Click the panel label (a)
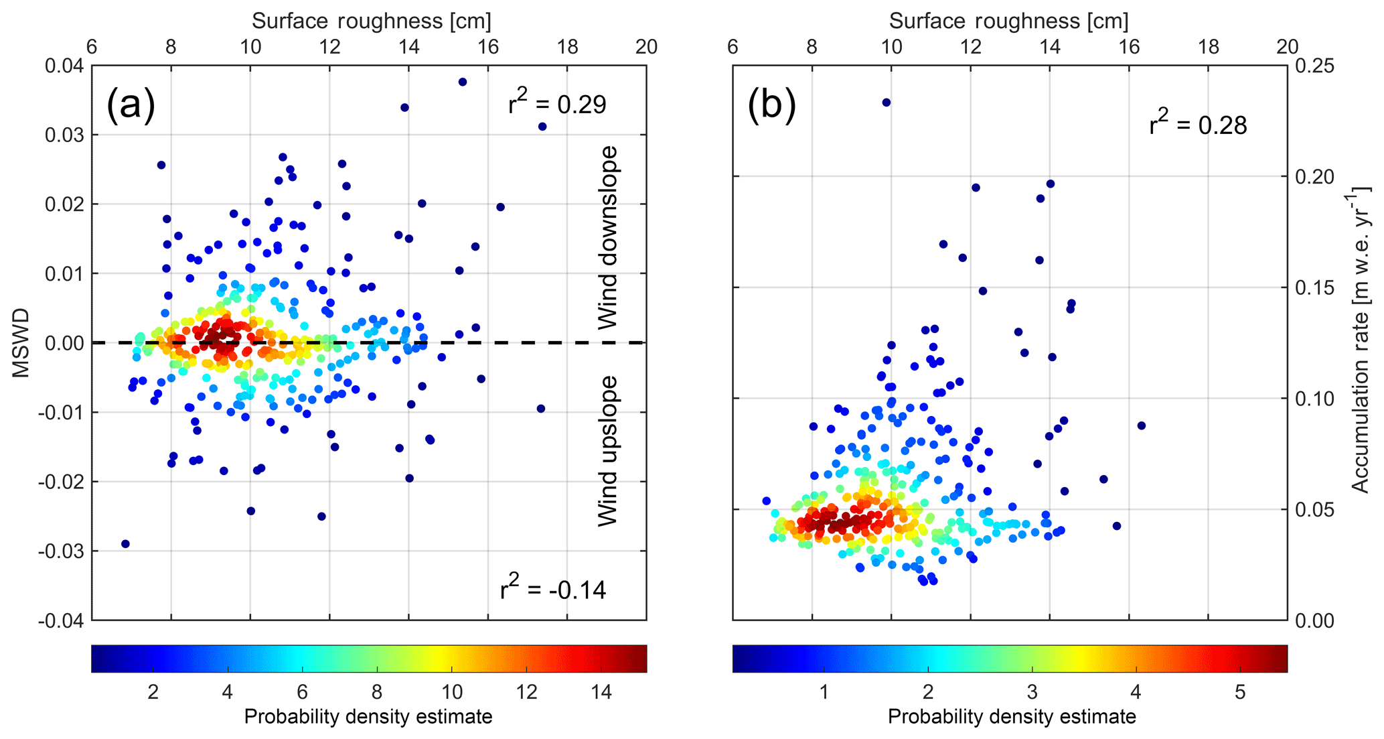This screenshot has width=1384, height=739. point(131,105)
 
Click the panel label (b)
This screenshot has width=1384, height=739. point(771,105)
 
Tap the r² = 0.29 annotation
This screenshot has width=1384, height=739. point(557,104)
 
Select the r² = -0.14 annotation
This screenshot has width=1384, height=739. point(553,589)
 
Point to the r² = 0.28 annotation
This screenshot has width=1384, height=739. point(1198,125)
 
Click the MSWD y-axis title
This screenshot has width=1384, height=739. point(21,343)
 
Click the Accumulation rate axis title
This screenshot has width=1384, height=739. point(1361,340)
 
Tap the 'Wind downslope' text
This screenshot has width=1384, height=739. point(608,238)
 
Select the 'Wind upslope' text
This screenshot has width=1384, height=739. point(608,451)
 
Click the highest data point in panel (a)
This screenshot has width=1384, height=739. point(462,82)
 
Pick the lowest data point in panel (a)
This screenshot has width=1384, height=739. point(125,544)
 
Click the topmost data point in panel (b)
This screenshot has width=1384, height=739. point(886,103)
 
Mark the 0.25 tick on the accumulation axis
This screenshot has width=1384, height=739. point(1314,66)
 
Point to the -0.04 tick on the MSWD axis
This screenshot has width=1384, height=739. point(61,621)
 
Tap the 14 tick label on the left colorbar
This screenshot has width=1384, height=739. point(601,692)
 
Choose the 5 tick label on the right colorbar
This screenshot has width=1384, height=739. point(1240,692)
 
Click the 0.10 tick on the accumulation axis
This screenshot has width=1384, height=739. point(1314,399)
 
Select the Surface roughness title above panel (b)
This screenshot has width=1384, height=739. point(1008,21)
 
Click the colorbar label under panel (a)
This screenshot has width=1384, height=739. point(368,717)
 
